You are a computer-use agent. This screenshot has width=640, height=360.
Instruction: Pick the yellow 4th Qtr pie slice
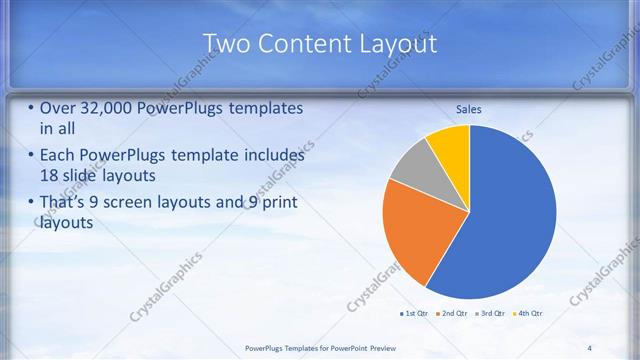click(450, 145)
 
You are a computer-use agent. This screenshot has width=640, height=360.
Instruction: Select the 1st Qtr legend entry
click(414, 314)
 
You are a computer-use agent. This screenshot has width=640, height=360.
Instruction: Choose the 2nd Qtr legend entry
click(452, 314)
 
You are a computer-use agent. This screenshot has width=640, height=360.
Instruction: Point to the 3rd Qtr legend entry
click(490, 314)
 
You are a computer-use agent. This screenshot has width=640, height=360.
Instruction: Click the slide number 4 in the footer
click(589, 347)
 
